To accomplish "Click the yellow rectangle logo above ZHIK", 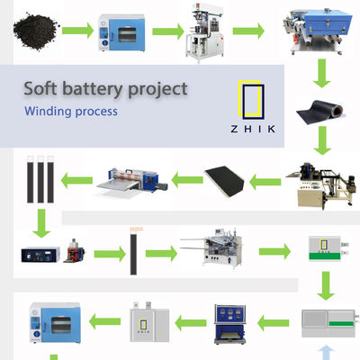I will tap(251, 101).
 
